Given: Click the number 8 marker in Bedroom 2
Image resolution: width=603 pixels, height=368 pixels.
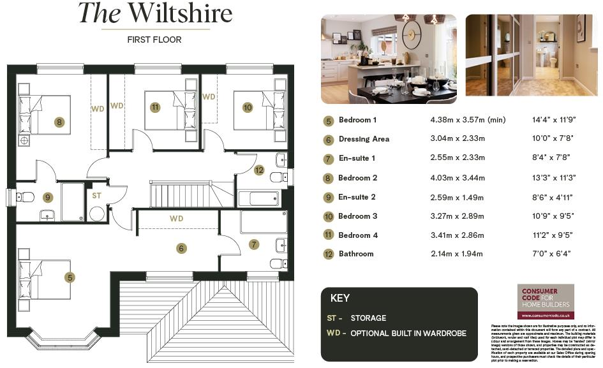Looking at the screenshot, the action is pos(59,122).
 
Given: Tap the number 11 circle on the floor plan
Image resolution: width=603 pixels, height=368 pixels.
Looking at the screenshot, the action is pos(154,107).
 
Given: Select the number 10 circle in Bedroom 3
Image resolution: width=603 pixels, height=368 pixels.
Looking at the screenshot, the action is pos(248,107).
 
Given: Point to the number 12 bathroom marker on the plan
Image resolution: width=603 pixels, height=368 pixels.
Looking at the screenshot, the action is pos(258,170).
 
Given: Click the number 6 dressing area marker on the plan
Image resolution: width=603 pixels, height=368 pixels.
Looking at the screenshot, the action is pos(181,248).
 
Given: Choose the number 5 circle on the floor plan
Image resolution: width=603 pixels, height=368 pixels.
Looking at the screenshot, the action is pos(70,277).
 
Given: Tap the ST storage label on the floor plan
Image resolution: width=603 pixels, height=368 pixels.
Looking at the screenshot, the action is pos(96,195).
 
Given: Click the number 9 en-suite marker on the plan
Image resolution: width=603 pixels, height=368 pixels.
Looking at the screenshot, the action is pos(47,197).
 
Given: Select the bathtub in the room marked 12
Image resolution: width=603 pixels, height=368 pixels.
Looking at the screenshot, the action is pos(259,198).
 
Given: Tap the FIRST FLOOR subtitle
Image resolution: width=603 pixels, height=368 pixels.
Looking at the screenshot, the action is pos(155,40).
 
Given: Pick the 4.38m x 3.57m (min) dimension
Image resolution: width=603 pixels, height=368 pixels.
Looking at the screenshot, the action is pos(468,120).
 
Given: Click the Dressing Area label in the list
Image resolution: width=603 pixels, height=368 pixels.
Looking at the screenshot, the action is pos(364,139).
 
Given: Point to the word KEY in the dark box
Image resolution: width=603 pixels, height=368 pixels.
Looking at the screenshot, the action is pos(340,298).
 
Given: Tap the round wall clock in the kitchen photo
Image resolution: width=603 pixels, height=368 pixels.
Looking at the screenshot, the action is pos(412,34).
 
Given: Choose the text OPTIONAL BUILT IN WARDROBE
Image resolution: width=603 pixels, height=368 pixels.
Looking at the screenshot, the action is pos(408,334).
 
